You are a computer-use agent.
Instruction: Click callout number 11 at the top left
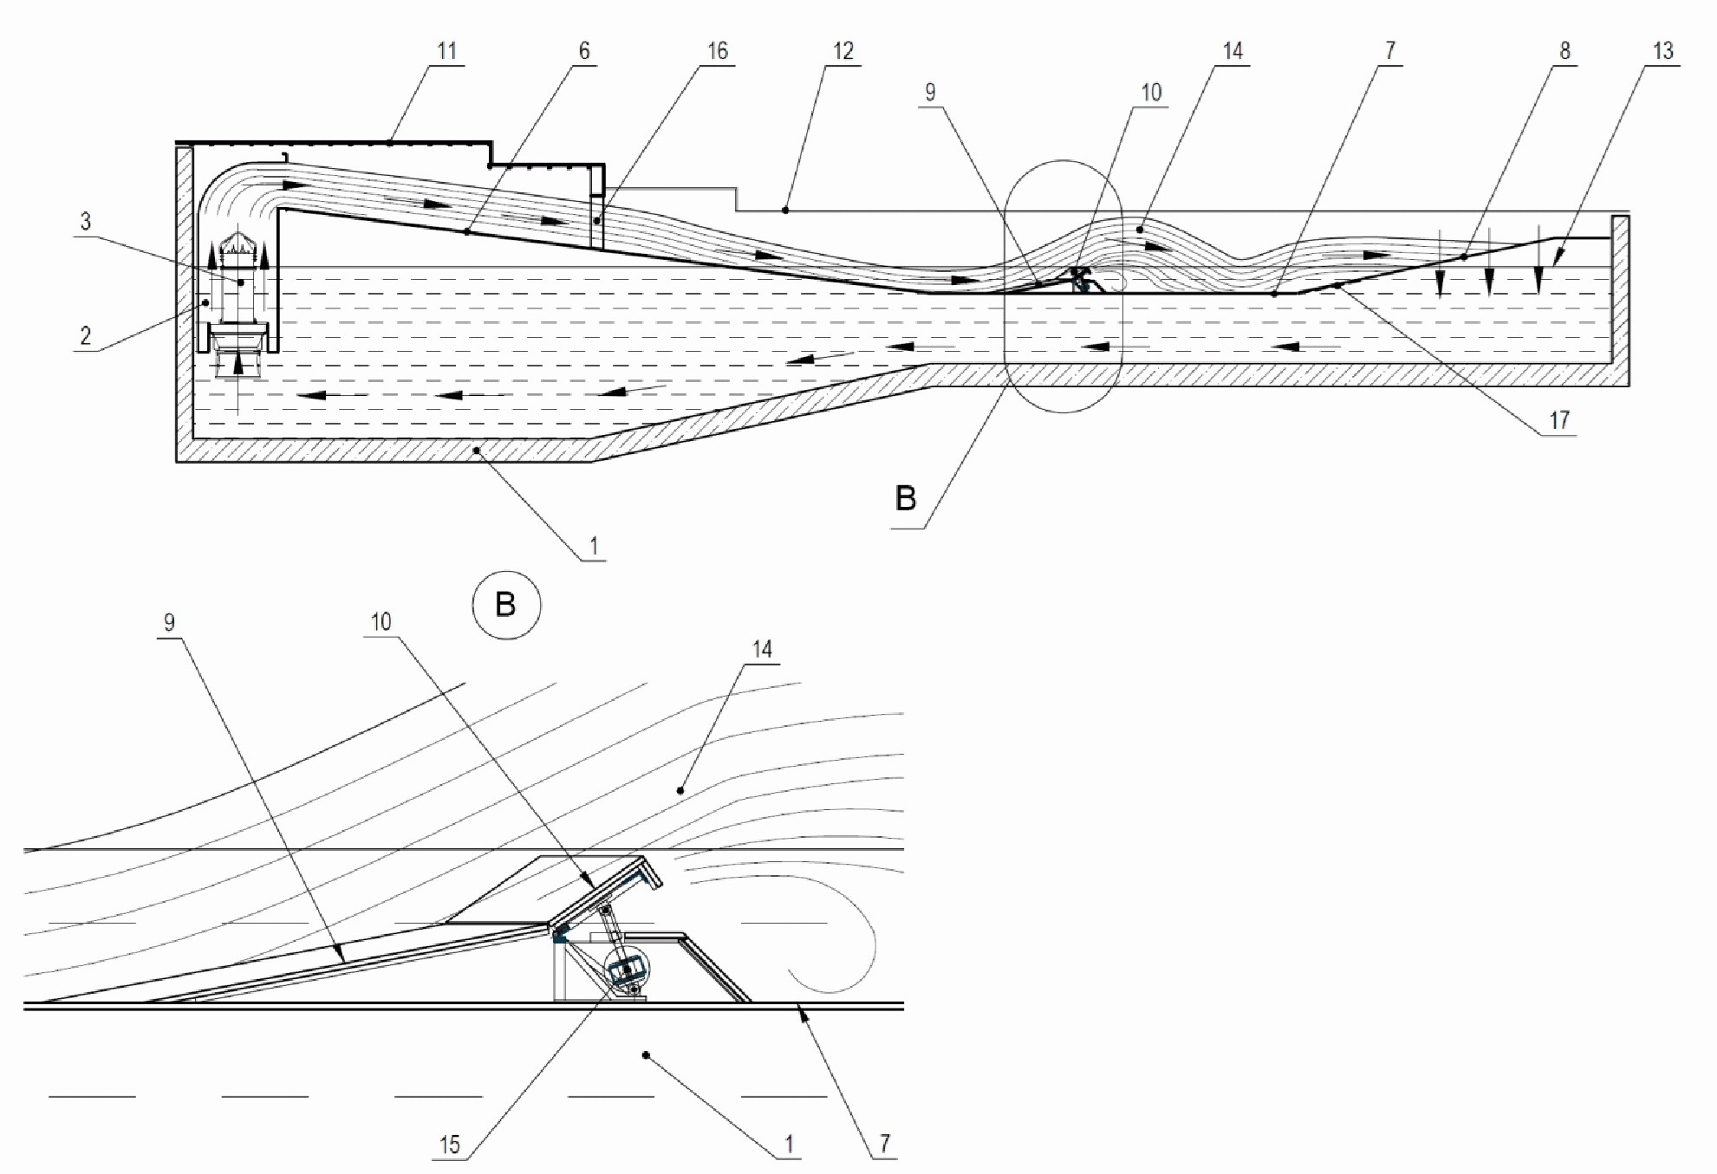446,51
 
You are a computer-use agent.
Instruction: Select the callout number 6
584,51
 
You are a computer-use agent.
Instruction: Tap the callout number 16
718,51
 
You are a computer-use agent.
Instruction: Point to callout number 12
843,51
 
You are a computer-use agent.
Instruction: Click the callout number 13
1662,51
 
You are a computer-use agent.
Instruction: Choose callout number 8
1564,51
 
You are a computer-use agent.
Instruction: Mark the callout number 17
1559,420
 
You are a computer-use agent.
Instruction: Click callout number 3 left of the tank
85,221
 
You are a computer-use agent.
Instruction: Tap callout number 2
85,336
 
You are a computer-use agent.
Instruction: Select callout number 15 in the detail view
449,1145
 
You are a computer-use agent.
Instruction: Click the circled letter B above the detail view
506,605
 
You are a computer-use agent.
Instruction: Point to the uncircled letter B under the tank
905,498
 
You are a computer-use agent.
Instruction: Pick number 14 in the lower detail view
762,649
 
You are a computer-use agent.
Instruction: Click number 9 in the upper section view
930,92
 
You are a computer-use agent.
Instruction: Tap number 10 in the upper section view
1151,92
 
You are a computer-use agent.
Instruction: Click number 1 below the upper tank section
594,547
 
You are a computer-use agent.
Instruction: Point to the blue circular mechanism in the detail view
627,970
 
